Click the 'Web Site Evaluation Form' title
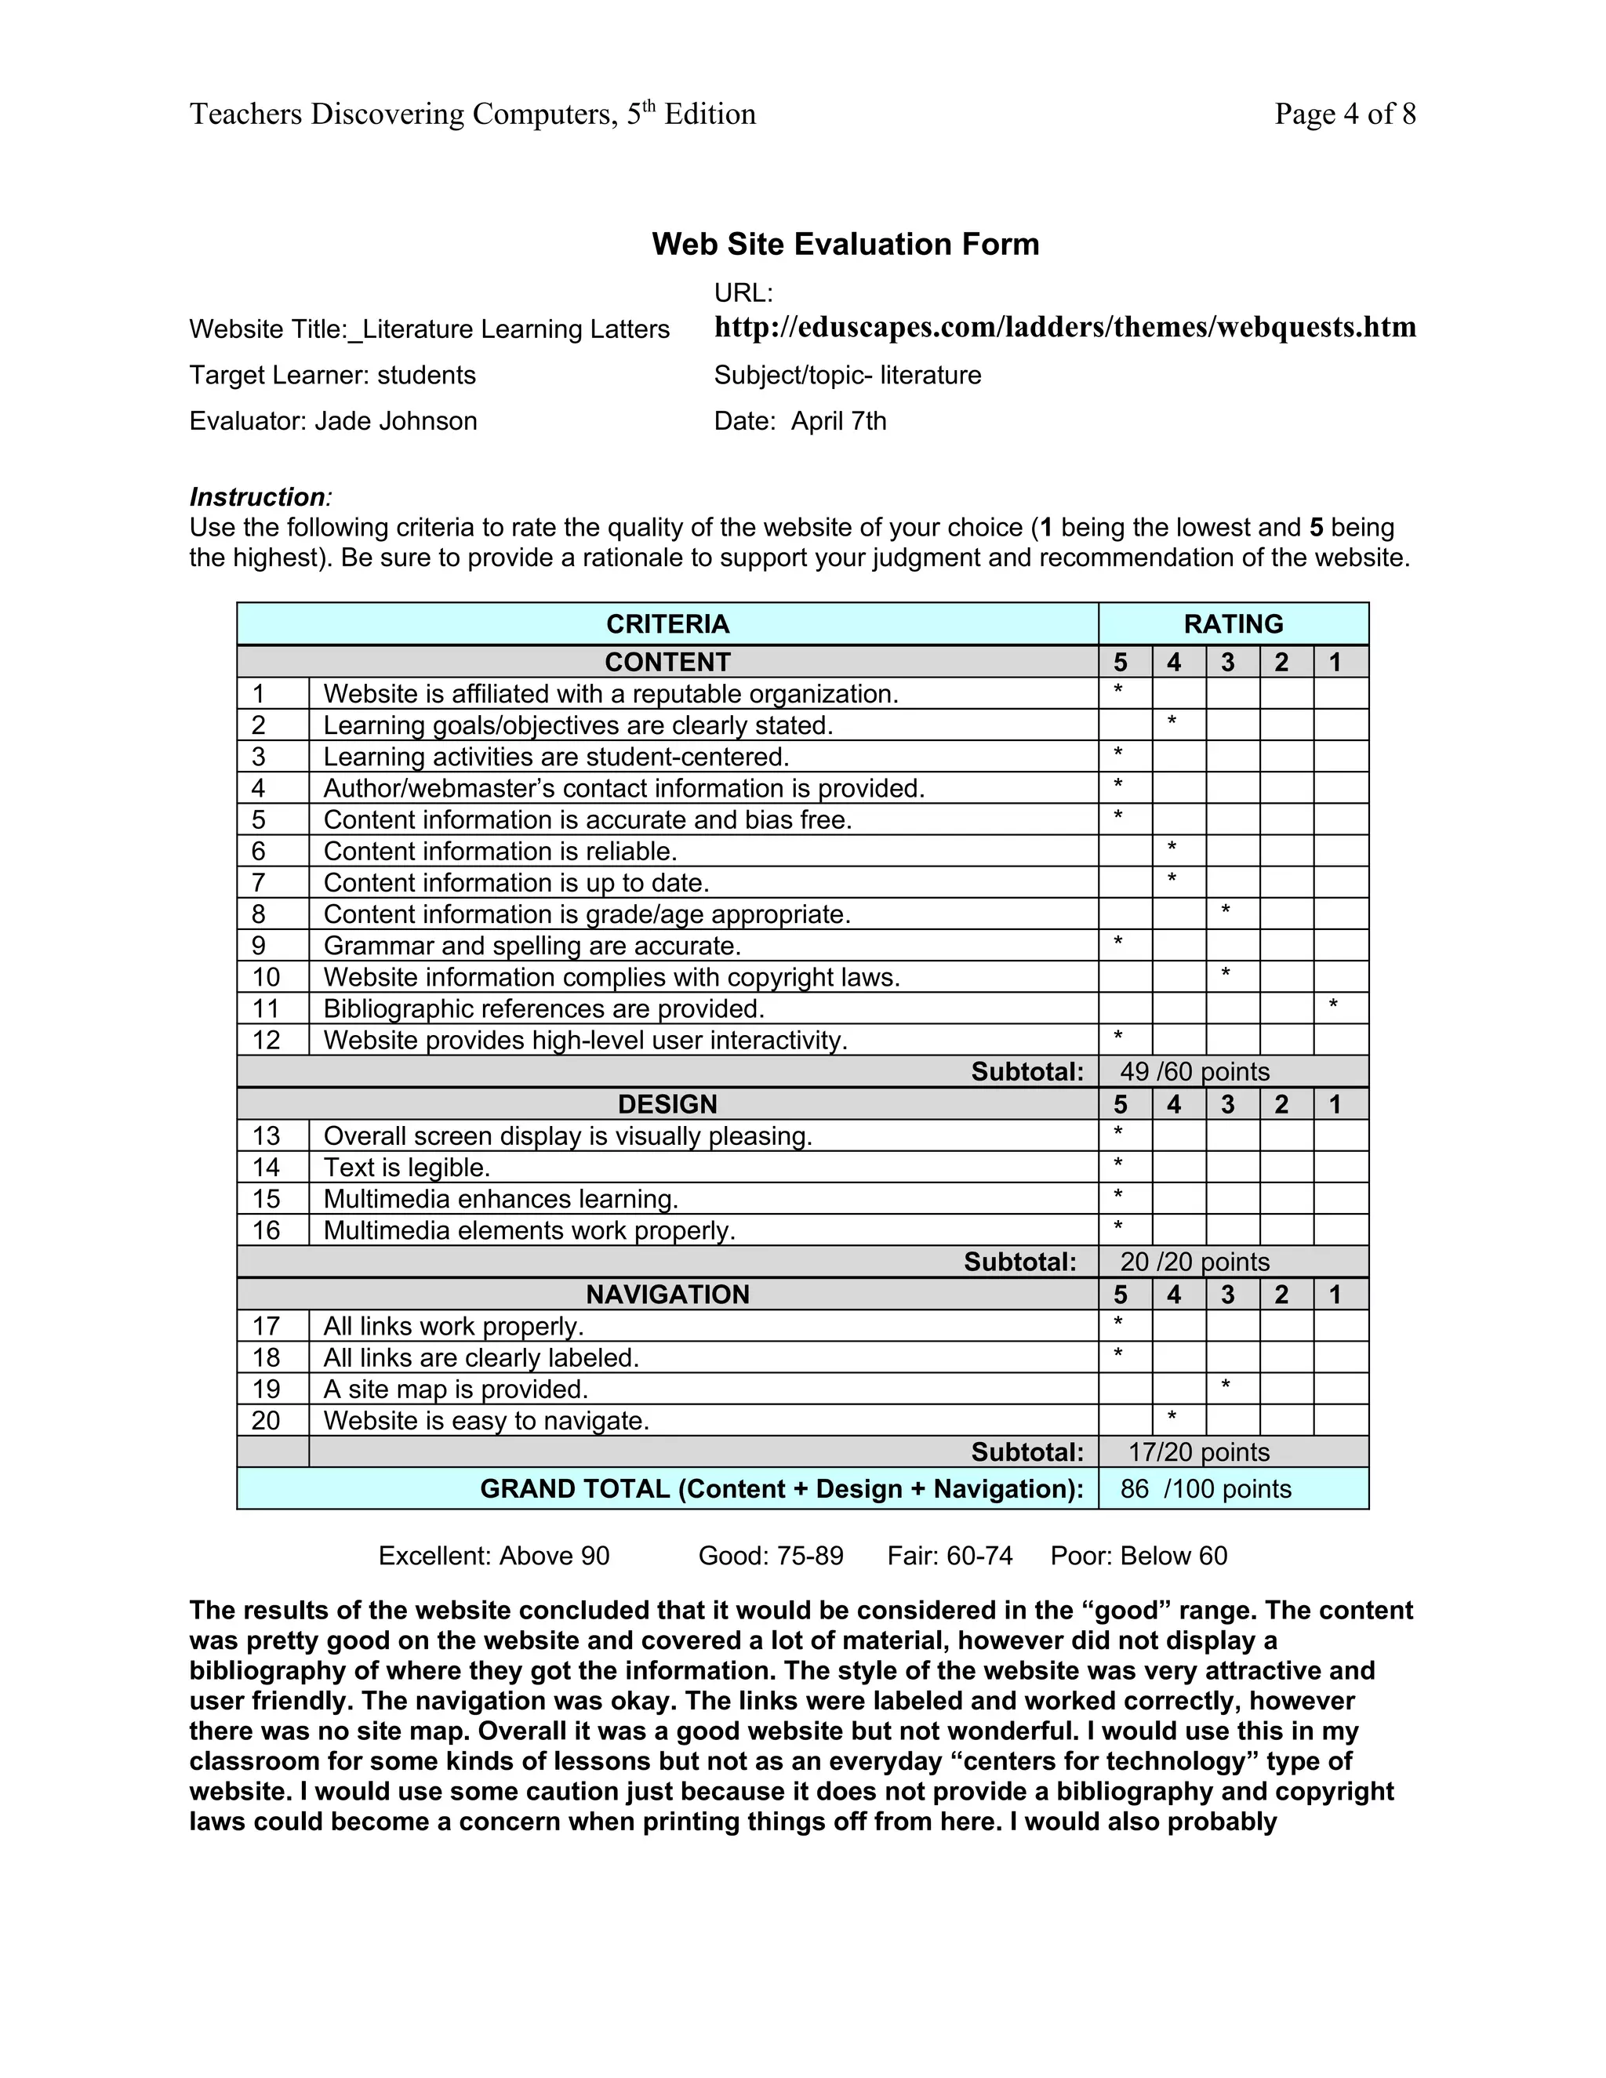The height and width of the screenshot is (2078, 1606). pyautogui.click(x=845, y=245)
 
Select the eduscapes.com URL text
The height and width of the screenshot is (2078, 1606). pyautogui.click(x=1065, y=327)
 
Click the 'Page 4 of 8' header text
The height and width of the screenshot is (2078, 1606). pyautogui.click(x=1344, y=114)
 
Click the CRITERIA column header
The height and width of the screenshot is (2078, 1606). pyautogui.click(x=667, y=624)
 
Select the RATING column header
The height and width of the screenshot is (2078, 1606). pyautogui.click(x=1233, y=624)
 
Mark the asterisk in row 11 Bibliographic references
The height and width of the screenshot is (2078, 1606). pyautogui.click(x=1333, y=1004)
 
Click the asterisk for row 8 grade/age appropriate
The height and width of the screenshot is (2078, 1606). pyautogui.click(x=1226, y=910)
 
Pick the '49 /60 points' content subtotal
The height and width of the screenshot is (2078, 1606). pyautogui.click(x=1194, y=1071)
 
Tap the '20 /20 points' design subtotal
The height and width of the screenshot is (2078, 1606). pyautogui.click(x=1194, y=1262)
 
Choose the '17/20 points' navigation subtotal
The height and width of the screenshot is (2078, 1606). pyautogui.click(x=1198, y=1452)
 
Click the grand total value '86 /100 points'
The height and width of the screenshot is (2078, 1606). pyautogui.click(x=1205, y=1489)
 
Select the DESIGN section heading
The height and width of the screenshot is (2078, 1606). pyautogui.click(x=667, y=1104)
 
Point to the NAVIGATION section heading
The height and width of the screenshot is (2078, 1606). pyautogui.click(x=667, y=1294)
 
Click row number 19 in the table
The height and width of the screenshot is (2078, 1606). pyautogui.click(x=266, y=1390)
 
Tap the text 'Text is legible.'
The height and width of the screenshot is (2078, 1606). pyautogui.click(x=406, y=1168)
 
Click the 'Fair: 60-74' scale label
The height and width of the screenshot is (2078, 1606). pyautogui.click(x=950, y=1556)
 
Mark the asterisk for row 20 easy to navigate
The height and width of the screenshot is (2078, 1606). pyautogui.click(x=1172, y=1417)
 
